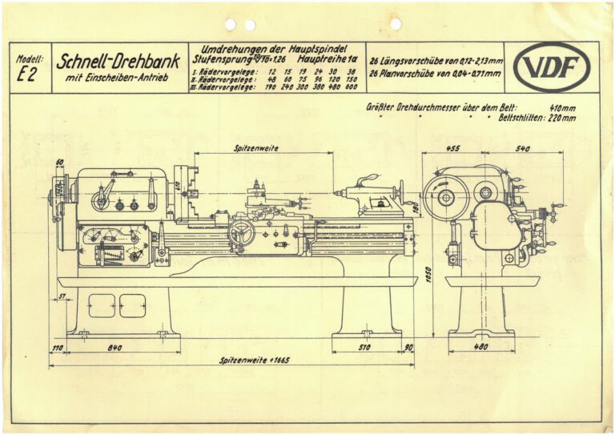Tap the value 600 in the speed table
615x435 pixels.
[350, 87]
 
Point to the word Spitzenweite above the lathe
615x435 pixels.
[254, 148]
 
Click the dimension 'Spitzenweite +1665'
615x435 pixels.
[254, 360]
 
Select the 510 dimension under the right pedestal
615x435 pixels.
[364, 348]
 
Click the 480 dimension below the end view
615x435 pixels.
[480, 347]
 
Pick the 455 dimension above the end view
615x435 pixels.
[452, 148]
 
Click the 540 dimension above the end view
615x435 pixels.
[522, 148]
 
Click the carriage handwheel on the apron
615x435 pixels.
[240, 233]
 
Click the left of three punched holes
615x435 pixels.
[231, 24]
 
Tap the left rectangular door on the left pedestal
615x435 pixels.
[101, 305]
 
